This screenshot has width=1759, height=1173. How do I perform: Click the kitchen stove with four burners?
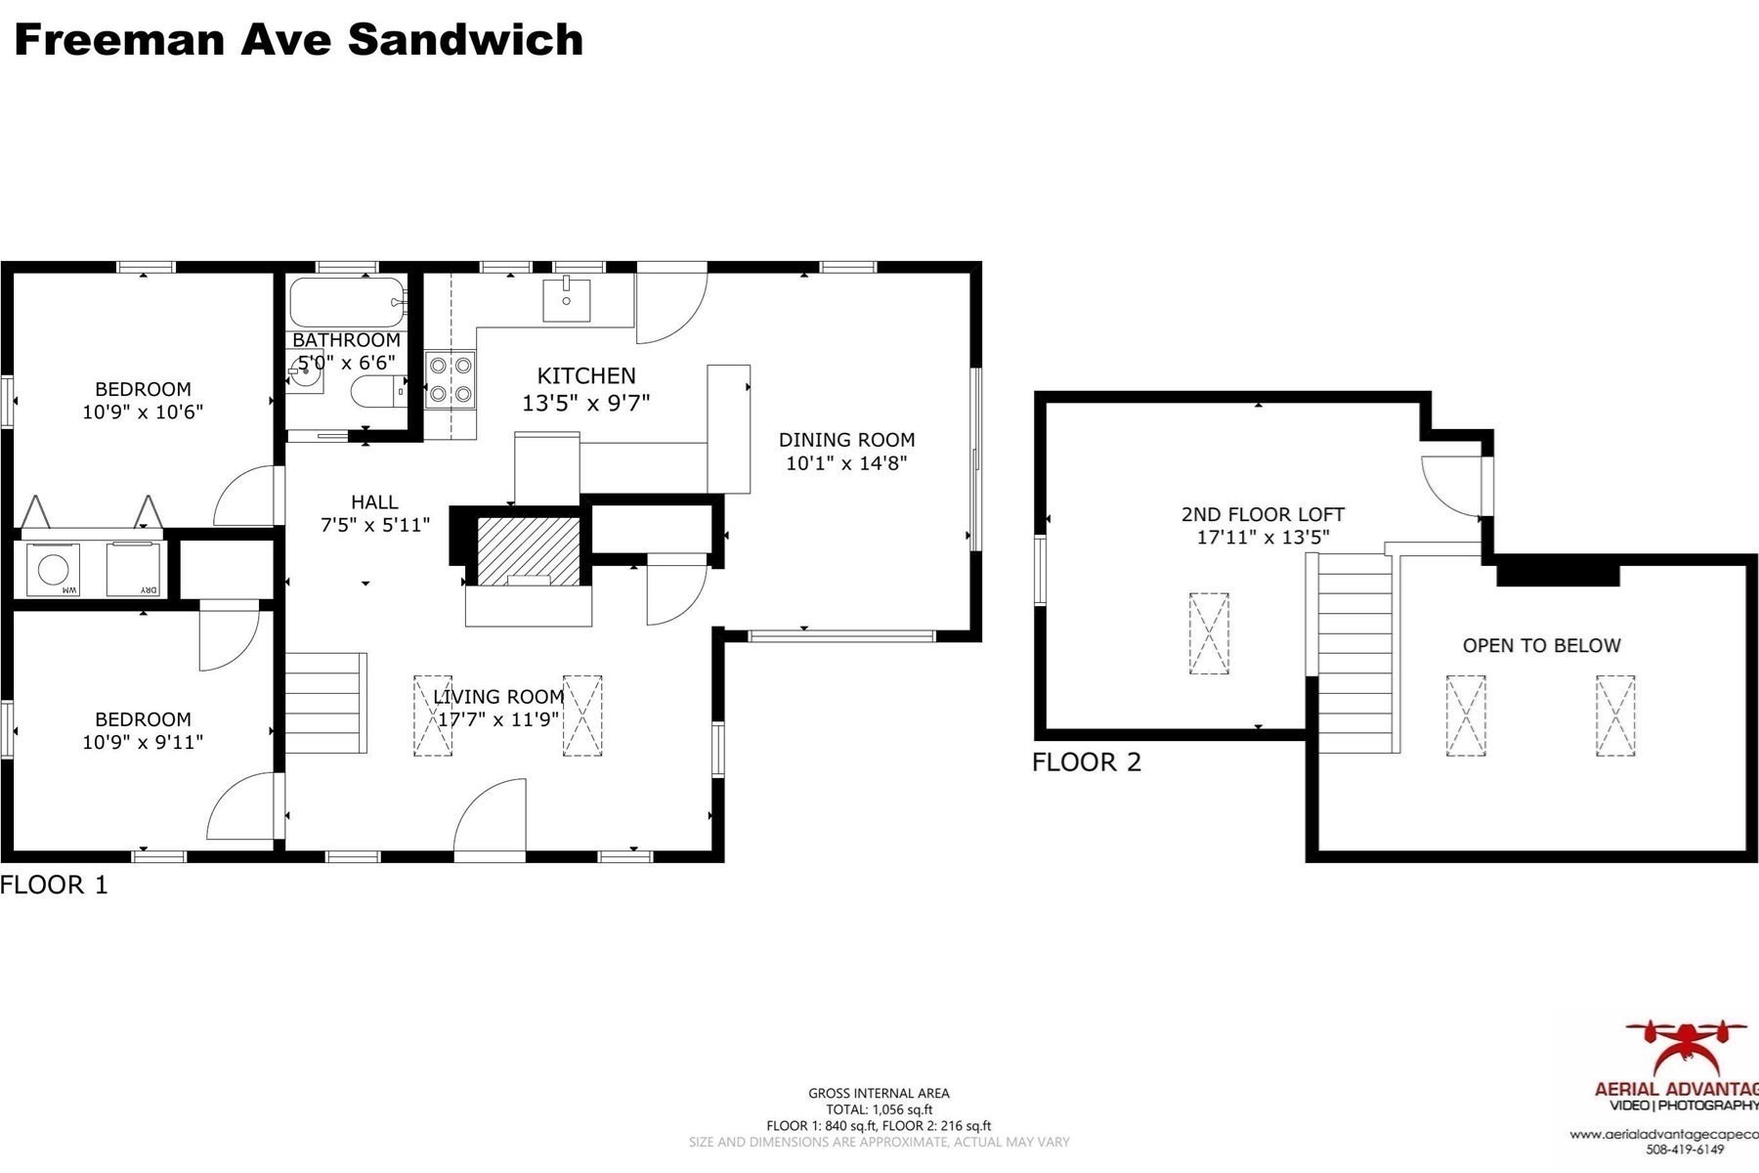(450, 379)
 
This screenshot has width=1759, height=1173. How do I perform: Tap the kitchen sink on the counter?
(567, 299)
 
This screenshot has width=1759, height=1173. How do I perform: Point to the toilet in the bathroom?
(376, 393)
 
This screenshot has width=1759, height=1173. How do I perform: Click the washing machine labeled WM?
(53, 569)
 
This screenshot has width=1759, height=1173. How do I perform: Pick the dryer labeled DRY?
(133, 569)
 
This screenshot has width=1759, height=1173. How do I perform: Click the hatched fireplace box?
(528, 551)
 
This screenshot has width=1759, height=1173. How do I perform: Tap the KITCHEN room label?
(586, 375)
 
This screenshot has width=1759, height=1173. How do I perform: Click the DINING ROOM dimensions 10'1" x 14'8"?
(846, 462)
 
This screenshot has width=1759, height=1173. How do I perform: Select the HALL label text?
(374, 501)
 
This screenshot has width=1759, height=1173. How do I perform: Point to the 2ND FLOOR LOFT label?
(1263, 514)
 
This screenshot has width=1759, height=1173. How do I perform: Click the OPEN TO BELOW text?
(1541, 645)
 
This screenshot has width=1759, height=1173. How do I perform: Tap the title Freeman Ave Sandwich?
(299, 40)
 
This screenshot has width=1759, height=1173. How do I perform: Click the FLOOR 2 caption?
(1086, 761)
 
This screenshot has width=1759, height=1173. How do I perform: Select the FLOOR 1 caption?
(54, 885)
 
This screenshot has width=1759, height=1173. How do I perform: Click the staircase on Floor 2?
(1354, 652)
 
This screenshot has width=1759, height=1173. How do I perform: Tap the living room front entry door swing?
(491, 819)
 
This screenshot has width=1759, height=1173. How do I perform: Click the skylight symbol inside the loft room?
(1209, 633)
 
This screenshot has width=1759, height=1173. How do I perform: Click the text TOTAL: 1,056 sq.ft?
(879, 1109)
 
